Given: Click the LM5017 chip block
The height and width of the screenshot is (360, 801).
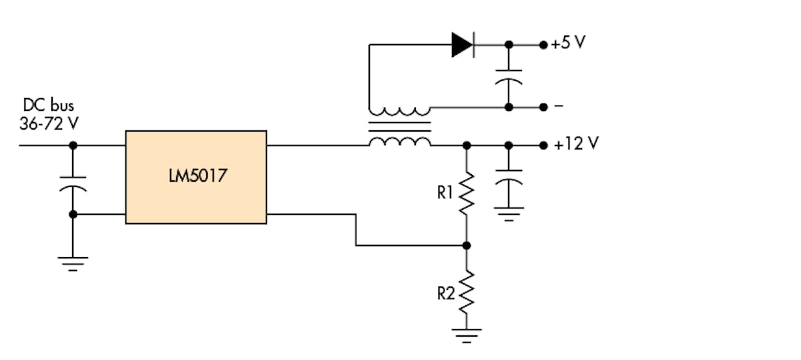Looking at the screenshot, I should click(x=196, y=177).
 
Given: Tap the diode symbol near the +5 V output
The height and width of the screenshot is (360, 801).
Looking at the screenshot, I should click(x=463, y=45).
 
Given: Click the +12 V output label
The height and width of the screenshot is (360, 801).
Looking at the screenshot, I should click(x=575, y=144).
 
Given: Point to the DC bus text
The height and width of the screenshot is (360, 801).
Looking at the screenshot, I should click(x=49, y=105).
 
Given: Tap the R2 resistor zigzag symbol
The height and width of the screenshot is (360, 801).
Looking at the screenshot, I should click(x=467, y=293).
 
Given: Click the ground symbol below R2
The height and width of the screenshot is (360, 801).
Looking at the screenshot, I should click(x=467, y=333).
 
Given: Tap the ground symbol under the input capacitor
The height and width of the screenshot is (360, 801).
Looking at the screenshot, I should click(x=73, y=264).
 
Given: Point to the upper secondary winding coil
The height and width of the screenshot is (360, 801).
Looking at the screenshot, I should click(x=399, y=111).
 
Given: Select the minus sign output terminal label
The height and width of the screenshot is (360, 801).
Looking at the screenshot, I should click(x=558, y=106).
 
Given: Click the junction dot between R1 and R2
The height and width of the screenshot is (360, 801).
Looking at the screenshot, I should click(x=467, y=245).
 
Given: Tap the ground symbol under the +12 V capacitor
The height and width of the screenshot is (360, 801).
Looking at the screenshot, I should click(x=509, y=213).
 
